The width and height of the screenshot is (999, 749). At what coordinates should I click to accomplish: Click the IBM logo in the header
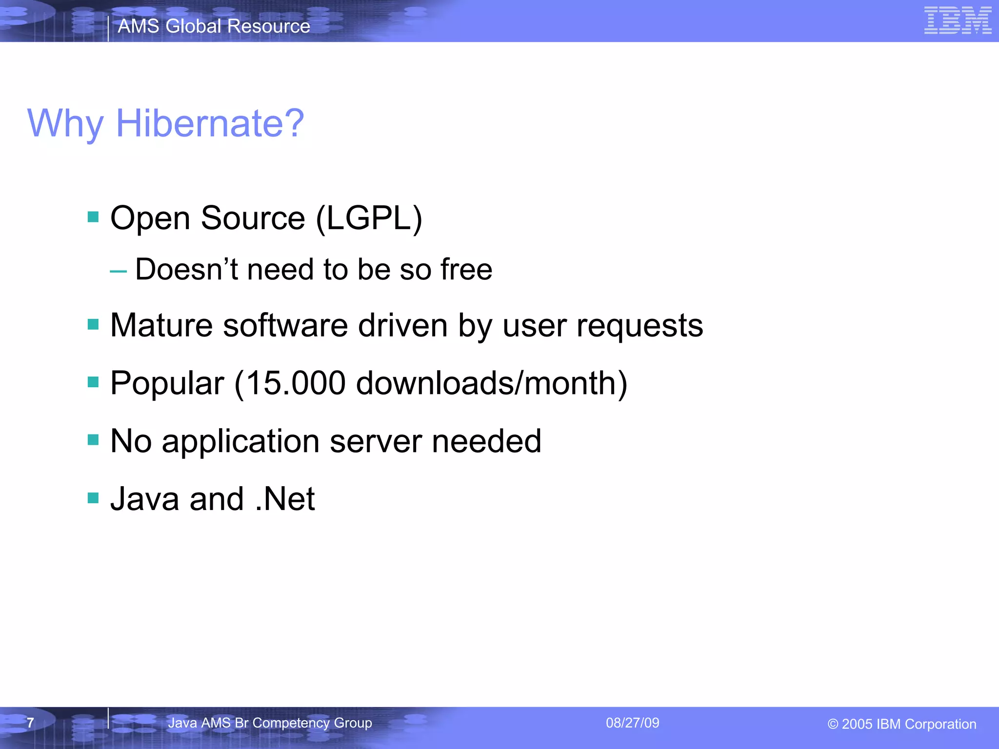958,20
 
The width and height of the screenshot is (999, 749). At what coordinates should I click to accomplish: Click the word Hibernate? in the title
210,123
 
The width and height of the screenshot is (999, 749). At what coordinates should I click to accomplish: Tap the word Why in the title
65,124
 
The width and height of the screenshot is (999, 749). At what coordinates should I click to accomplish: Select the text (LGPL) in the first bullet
369,218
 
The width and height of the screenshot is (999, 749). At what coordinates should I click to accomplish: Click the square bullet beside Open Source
93,217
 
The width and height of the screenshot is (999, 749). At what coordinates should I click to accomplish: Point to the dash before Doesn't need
118,271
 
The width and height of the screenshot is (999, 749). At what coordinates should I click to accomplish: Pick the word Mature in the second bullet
161,325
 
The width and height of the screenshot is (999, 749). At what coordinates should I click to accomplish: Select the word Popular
167,384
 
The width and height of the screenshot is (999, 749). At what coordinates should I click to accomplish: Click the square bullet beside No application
93,440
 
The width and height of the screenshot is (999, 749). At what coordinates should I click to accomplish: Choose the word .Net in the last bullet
285,499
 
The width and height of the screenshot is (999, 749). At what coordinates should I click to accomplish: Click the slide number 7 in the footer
30,723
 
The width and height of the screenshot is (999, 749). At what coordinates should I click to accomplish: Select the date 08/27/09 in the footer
632,723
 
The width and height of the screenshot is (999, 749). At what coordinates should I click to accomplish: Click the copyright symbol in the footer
833,725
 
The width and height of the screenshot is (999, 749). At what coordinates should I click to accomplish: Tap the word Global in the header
193,26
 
